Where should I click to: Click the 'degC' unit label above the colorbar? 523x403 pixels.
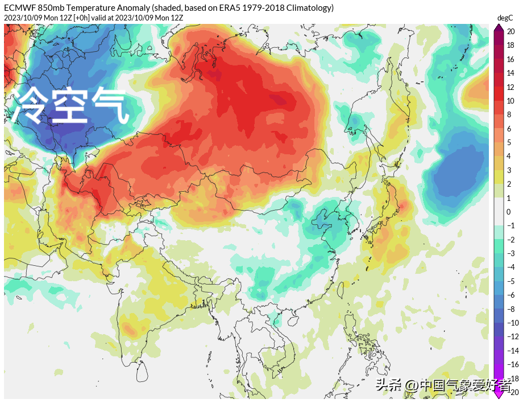[505, 18]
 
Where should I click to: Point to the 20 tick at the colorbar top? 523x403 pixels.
[510, 32]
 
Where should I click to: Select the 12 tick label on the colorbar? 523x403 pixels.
[510, 87]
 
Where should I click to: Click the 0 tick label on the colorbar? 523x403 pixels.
[509, 212]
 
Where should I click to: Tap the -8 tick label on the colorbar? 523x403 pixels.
[511, 309]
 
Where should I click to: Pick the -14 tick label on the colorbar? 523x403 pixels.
[512, 351]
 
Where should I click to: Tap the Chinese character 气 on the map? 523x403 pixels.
[111, 106]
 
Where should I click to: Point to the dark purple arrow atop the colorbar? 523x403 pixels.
[499, 28]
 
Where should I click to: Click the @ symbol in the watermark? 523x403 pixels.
[411, 386]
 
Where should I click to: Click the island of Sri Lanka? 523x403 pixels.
[145, 372]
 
